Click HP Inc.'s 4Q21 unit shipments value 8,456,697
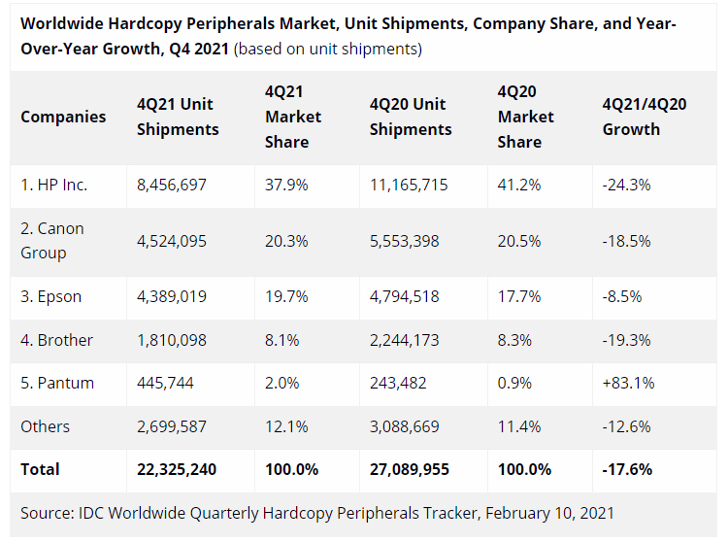pyautogui.click(x=172, y=185)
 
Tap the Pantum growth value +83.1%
pyautogui.click(x=629, y=383)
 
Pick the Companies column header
pyautogui.click(x=63, y=117)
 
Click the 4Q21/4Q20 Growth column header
pyautogui.click(x=645, y=117)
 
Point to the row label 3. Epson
pyautogui.click(x=51, y=297)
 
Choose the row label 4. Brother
pyautogui.click(x=57, y=340)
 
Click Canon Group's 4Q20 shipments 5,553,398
pyautogui.click(x=409, y=241)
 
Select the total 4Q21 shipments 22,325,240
pyautogui.click(x=177, y=469)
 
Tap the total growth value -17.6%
pyautogui.click(x=627, y=469)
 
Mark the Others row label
pyautogui.click(x=46, y=426)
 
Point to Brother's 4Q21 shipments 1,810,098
pyautogui.click(x=172, y=340)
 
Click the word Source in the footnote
pyautogui.click(x=45, y=512)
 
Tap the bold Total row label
pyautogui.click(x=41, y=469)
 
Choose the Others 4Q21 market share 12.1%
pyautogui.click(x=283, y=426)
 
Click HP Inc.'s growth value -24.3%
pyautogui.click(x=627, y=185)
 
